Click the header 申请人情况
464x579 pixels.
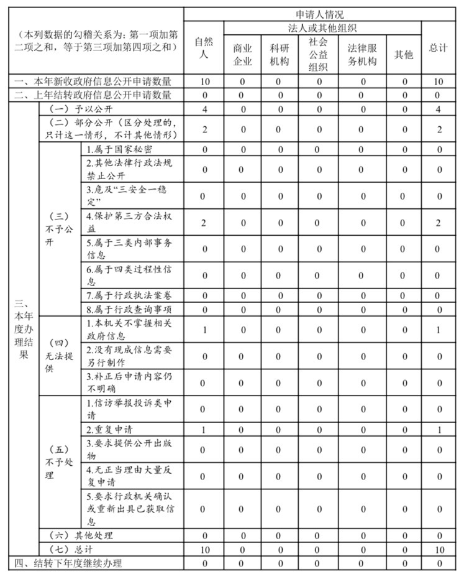point(324,14)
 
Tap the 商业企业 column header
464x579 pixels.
point(243,55)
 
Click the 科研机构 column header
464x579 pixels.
point(279,55)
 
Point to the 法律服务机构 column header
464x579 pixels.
point(362,55)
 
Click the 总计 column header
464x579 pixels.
point(438,48)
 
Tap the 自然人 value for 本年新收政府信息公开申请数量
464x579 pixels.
point(204,81)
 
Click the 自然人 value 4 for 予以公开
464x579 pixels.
point(204,109)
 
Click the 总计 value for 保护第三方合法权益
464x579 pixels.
point(438,223)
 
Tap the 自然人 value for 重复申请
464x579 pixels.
point(204,430)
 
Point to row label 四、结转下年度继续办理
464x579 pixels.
point(68,563)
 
